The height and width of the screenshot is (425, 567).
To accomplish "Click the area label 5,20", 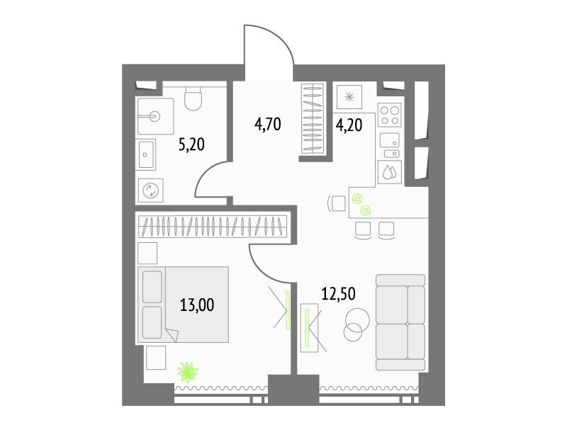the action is (x=191, y=144).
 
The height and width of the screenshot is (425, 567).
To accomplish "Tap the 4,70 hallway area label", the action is (x=268, y=125).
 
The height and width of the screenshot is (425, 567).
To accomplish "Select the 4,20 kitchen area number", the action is (x=349, y=125).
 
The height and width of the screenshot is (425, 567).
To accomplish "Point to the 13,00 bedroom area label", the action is (x=197, y=305).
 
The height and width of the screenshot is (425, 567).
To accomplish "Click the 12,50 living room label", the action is (x=339, y=294).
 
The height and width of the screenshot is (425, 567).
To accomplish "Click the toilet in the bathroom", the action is (x=193, y=98).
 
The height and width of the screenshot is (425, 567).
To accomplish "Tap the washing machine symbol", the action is (x=151, y=190).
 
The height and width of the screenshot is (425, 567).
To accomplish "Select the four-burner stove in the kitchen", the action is (x=390, y=115).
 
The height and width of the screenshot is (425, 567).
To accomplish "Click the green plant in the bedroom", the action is (x=188, y=372).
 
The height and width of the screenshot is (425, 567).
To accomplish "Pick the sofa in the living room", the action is (x=400, y=322).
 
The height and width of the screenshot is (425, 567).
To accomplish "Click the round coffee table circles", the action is (x=357, y=324).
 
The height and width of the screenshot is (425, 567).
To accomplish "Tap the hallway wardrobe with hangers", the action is (x=313, y=118).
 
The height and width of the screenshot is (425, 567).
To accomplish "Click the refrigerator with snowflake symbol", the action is (x=349, y=97).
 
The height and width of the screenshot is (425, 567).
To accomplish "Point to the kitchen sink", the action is (x=390, y=145).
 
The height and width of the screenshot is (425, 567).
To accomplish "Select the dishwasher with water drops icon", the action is (x=390, y=172).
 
